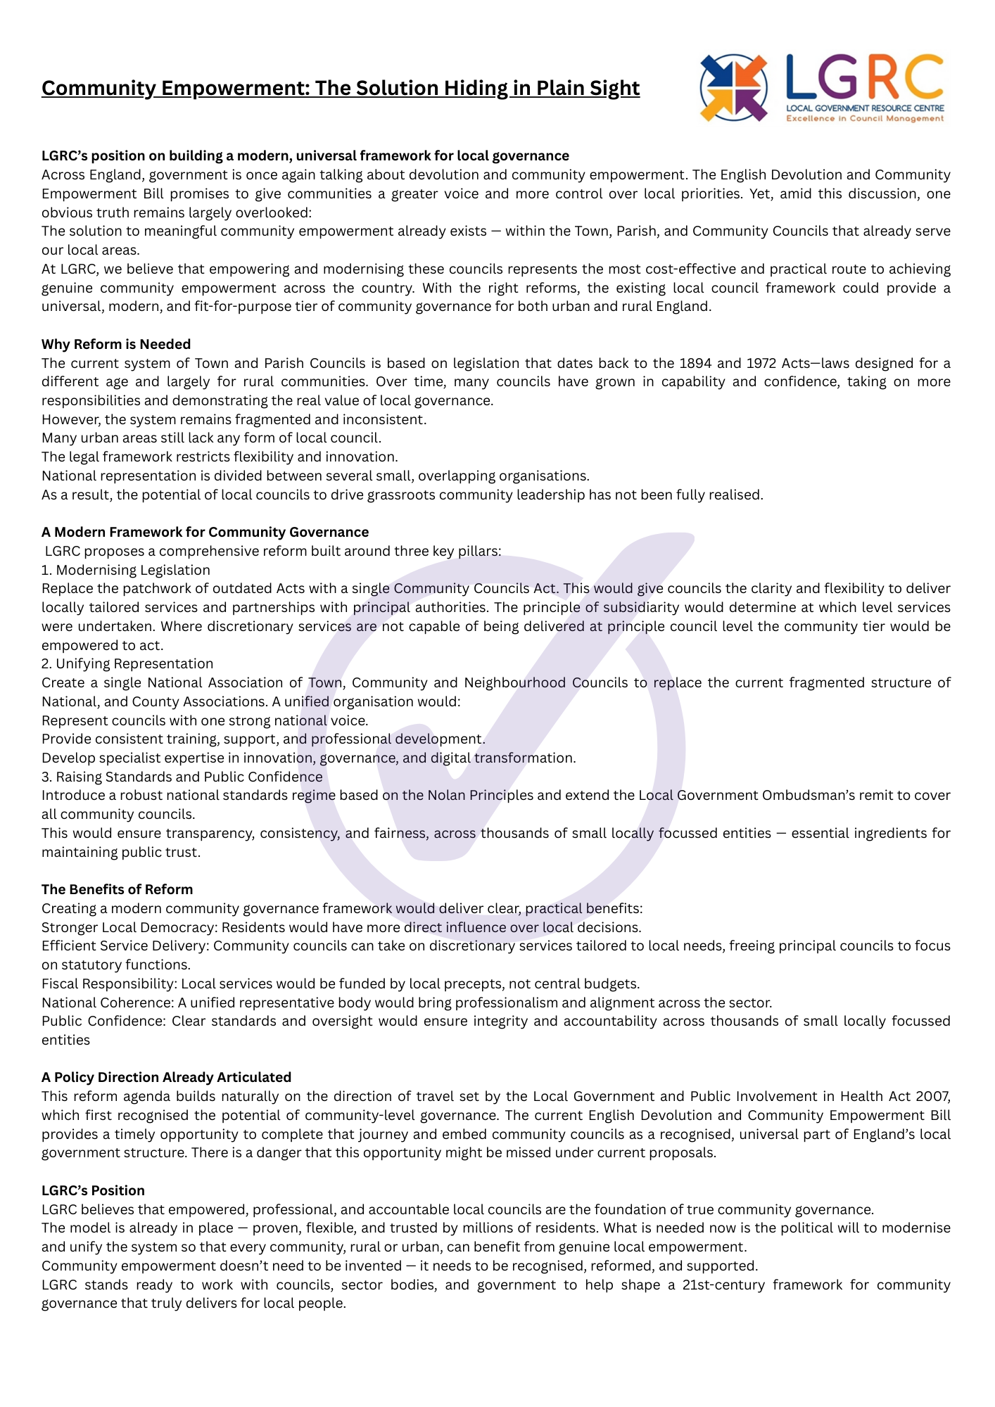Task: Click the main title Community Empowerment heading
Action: [341, 88]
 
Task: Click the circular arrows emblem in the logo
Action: [734, 88]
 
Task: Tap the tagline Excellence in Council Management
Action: [865, 119]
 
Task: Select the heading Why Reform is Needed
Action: [116, 344]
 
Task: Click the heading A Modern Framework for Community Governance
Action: [205, 532]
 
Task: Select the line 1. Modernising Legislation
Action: [126, 570]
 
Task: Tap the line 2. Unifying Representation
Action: [127, 663]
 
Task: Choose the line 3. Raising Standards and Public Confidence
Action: [182, 777]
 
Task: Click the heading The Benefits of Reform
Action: [117, 889]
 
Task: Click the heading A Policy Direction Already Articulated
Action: [166, 1077]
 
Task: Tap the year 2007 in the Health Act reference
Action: [933, 1096]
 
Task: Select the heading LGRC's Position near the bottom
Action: [93, 1190]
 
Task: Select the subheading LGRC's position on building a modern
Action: [305, 155]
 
